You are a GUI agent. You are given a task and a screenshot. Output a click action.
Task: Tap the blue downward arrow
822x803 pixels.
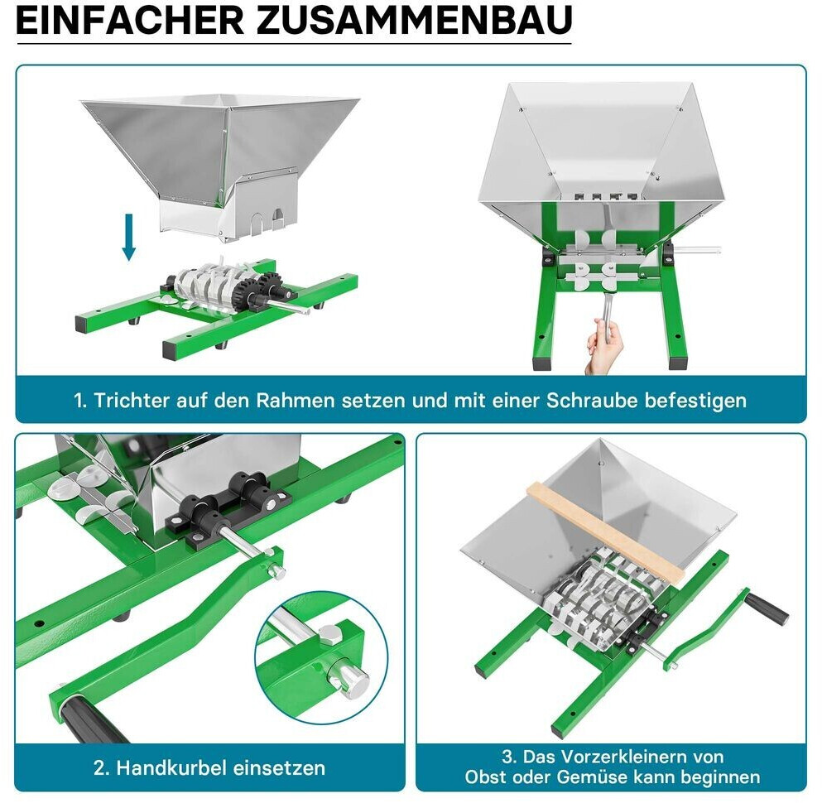[129, 237]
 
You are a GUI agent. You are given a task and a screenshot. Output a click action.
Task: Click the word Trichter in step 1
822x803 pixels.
[132, 401]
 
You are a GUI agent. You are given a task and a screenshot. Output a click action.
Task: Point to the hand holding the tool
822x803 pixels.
[605, 346]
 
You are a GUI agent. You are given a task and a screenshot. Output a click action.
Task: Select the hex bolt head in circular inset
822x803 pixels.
[329, 635]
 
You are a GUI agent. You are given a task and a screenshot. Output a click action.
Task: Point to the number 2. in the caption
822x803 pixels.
[102, 768]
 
